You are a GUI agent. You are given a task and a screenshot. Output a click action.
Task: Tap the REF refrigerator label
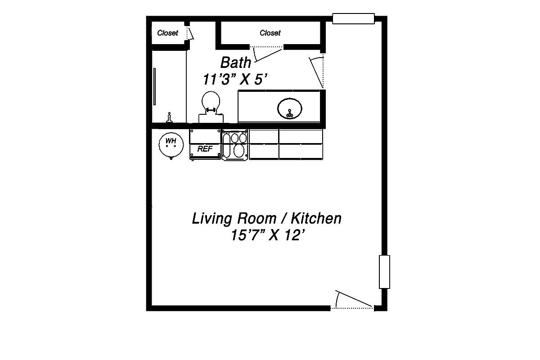pyautogui.click(x=205, y=149)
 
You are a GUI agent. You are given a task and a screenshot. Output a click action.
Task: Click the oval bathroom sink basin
pyautogui.click(x=289, y=108)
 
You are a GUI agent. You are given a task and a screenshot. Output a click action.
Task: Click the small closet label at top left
pyautogui.click(x=167, y=33)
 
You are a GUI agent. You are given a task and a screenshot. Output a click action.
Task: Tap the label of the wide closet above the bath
pyautogui.click(x=270, y=33)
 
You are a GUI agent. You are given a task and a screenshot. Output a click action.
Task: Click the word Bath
pyautogui.click(x=235, y=62)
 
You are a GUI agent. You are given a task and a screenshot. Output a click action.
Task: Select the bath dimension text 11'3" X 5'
pyautogui.click(x=235, y=79)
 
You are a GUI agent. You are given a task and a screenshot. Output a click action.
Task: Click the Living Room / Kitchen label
pyautogui.click(x=266, y=219)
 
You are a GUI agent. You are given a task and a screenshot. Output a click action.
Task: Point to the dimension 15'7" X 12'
pyautogui.click(x=265, y=235)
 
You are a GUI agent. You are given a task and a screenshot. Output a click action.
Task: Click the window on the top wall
pyautogui.click(x=353, y=18)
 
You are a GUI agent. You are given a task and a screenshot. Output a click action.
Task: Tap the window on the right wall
pyautogui.click(x=384, y=272)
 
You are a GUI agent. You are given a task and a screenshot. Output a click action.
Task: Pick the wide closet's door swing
pyautogui.click(x=267, y=54)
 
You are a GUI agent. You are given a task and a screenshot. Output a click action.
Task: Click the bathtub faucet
pyautogui.click(x=169, y=117)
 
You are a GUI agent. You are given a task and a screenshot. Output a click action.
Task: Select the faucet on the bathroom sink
pyautogui.click(x=289, y=114)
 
